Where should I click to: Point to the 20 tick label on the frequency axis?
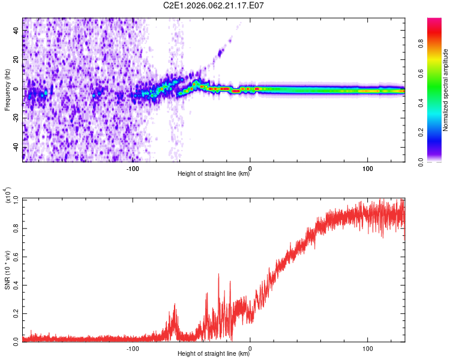pyautogui.click(x=16, y=59)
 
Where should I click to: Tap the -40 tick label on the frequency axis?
pyautogui.click(x=16, y=148)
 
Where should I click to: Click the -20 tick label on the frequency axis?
pyautogui.click(x=16, y=118)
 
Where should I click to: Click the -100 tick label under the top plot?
pyautogui.click(x=133, y=168)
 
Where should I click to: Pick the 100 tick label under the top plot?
pyautogui.click(x=367, y=168)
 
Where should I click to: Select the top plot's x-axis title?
pyautogui.click(x=214, y=175)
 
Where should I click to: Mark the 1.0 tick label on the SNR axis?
pyautogui.click(x=16, y=199)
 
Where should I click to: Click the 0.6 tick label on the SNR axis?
pyautogui.click(x=16, y=256)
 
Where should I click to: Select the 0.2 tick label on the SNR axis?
pyautogui.click(x=16, y=312)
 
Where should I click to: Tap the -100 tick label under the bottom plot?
pyautogui.click(x=133, y=348)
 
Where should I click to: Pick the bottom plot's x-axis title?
pyautogui.click(x=214, y=355)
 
